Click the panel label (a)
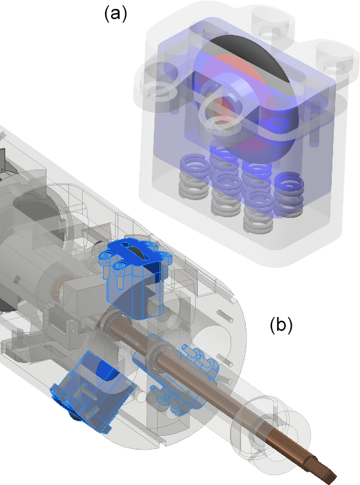(116, 14)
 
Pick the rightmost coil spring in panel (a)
(288, 194)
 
